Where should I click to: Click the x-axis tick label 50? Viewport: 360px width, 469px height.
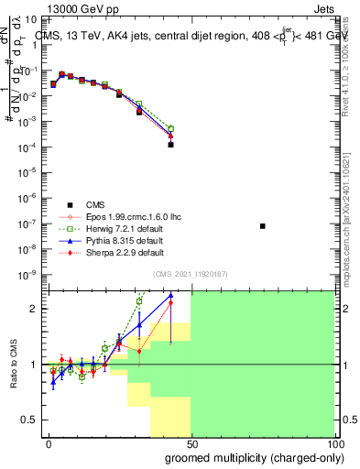191,446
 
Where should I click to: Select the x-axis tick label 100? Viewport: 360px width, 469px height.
333,446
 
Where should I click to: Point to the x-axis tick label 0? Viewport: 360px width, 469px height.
48,446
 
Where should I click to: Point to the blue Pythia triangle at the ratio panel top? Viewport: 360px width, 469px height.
170,296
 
